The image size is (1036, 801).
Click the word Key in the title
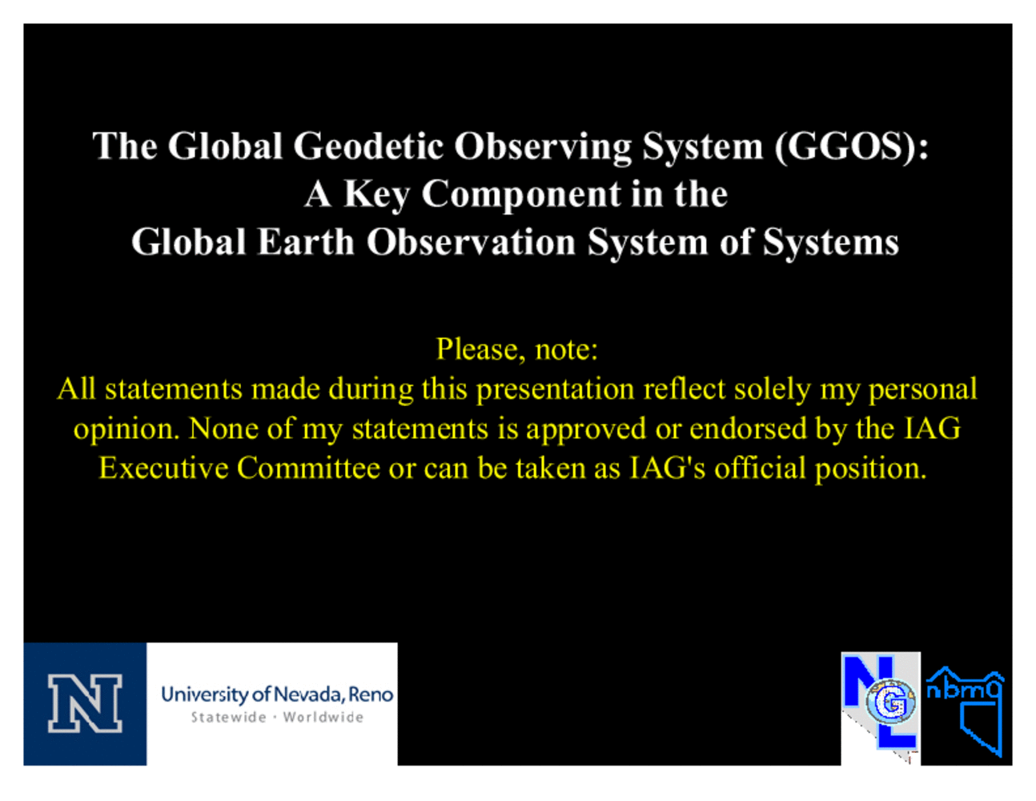click(x=376, y=195)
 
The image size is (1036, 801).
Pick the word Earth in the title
click(x=306, y=242)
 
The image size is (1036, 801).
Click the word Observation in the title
click(x=471, y=242)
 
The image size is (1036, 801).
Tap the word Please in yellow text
click(x=477, y=349)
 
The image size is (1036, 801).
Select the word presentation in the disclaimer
click(x=556, y=389)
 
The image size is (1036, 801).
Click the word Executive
click(x=163, y=468)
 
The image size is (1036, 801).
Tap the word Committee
click(x=308, y=468)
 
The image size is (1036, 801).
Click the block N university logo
click(x=85, y=704)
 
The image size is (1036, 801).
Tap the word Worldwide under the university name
click(x=323, y=718)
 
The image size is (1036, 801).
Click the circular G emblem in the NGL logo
click(x=890, y=702)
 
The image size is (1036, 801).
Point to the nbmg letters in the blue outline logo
click(x=964, y=690)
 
